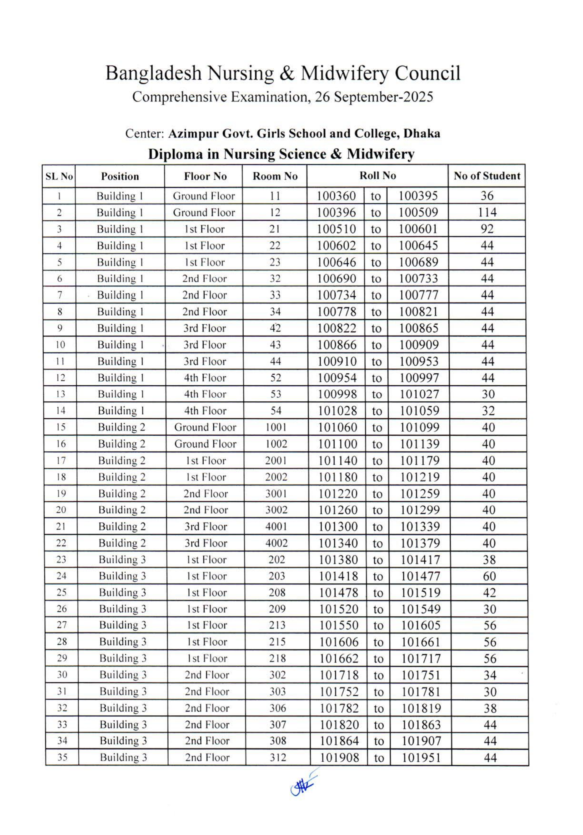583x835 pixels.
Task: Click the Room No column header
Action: pos(275,177)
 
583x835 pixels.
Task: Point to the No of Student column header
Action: pos(487,176)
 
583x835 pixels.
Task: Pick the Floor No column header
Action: pos(205,177)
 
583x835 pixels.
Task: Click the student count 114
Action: pos(487,212)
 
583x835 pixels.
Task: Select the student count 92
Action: pos(487,229)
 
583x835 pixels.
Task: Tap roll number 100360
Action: pos(336,196)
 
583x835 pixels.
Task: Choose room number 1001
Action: pos(276,427)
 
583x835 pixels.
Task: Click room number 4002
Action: pos(276,543)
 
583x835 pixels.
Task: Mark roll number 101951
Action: pos(421,758)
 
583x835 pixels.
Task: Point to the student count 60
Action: pos(489,576)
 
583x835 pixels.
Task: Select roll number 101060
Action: pos(337,427)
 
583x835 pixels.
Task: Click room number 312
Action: pos(277,758)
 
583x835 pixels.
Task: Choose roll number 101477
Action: pos(420,576)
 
